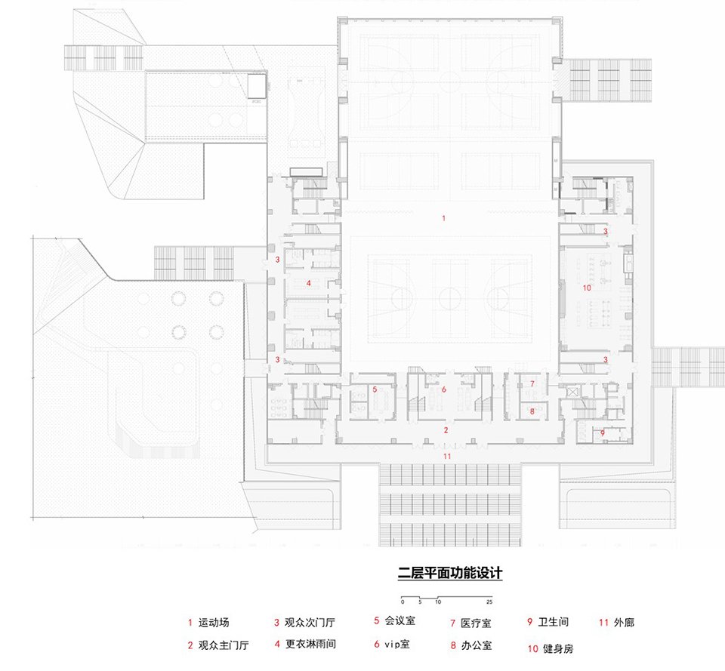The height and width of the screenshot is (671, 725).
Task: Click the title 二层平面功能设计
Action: point(450,573)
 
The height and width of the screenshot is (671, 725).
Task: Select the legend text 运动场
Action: point(214,623)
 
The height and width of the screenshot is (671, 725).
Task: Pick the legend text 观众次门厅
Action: point(310,623)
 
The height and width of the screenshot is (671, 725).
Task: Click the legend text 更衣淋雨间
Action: point(310,645)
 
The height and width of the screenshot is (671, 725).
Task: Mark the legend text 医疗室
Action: point(477,623)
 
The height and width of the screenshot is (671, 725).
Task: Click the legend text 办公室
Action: point(477,645)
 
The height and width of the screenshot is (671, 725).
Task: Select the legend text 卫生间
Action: point(554,623)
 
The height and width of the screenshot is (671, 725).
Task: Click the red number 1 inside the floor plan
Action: point(444,218)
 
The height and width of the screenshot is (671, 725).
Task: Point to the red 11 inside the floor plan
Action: point(446,457)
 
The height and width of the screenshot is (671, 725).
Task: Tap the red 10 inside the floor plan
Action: point(587,288)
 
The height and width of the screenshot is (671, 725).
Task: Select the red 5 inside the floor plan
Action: point(375,389)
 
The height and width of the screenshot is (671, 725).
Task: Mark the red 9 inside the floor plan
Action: point(602,433)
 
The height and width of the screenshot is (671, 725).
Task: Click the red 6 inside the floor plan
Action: point(444,389)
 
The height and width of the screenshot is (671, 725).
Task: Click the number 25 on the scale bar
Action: point(489,602)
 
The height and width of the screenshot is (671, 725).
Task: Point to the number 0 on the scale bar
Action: point(403,602)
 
